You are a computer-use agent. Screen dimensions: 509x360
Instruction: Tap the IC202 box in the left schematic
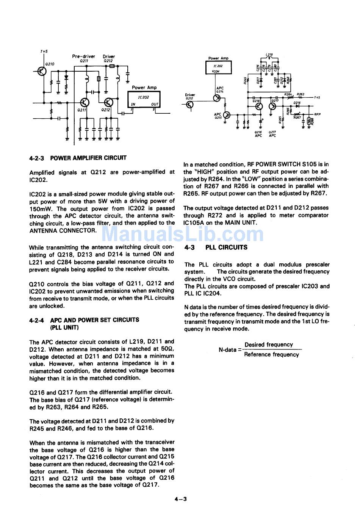point(144,100)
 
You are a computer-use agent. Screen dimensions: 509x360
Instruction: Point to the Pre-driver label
point(83,56)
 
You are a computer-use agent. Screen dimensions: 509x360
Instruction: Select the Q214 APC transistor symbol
point(218,97)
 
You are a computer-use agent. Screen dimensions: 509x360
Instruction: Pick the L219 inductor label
point(269,55)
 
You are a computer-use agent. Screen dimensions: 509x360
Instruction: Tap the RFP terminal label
point(317,114)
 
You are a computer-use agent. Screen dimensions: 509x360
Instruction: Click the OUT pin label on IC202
point(155,104)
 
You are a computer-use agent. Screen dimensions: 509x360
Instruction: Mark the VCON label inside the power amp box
point(216,71)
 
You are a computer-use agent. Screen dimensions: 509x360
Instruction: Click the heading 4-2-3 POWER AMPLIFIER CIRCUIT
point(78,158)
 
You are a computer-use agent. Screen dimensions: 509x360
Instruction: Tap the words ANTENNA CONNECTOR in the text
point(63,230)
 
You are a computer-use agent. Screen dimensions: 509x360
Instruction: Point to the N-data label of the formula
point(227,350)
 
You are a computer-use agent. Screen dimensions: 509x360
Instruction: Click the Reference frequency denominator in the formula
point(271,355)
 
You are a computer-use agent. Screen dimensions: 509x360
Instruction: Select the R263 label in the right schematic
point(301,94)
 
